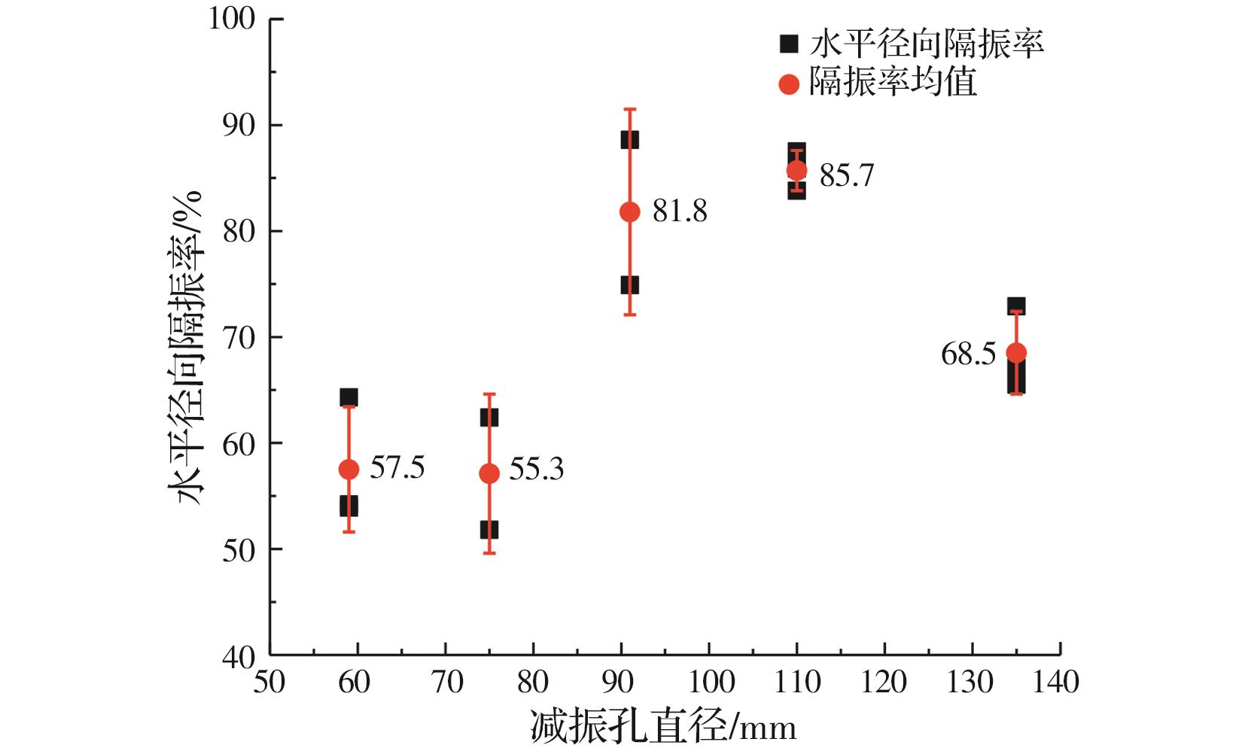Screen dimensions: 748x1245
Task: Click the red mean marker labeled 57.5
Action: pyautogui.click(x=349, y=470)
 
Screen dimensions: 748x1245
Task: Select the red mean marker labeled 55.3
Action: pyautogui.click(x=489, y=473)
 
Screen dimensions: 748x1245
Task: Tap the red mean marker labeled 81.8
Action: pyautogui.click(x=630, y=212)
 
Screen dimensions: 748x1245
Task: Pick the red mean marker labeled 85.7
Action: pyautogui.click(x=796, y=171)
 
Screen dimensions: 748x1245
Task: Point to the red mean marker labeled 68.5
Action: pyautogui.click(x=1016, y=353)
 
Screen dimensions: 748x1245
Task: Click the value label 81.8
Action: pyautogui.click(x=680, y=212)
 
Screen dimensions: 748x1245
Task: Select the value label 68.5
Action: pyautogui.click(x=968, y=354)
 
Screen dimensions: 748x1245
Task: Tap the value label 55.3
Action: pyautogui.click(x=536, y=470)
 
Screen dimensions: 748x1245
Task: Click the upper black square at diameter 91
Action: pyautogui.click(x=630, y=140)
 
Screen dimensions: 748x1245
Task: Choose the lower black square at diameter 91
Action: pyautogui.click(x=630, y=285)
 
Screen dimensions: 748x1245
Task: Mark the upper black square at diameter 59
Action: pyautogui.click(x=349, y=397)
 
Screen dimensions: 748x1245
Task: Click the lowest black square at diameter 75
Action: pyautogui.click(x=489, y=530)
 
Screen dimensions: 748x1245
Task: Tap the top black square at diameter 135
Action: pyautogui.click(x=1016, y=306)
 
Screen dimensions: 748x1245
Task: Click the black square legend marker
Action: pyautogui.click(x=788, y=44)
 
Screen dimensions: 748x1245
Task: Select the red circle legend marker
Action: pyautogui.click(x=788, y=84)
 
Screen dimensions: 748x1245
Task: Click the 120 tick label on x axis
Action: pyautogui.click(x=884, y=682)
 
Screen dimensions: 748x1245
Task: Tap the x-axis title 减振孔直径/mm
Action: pyautogui.click(x=663, y=727)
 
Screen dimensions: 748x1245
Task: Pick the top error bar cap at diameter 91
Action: pyautogui.click(x=630, y=109)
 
